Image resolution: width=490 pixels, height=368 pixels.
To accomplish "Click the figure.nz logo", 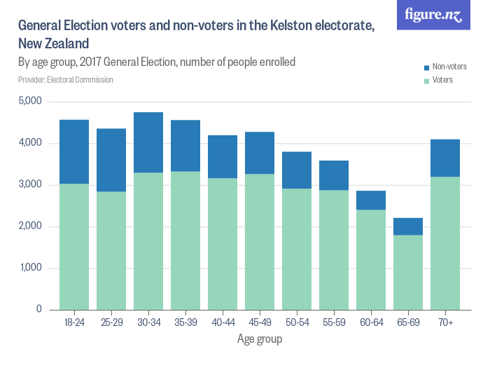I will (433, 15).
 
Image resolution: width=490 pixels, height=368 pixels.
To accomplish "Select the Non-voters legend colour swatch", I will (426, 67).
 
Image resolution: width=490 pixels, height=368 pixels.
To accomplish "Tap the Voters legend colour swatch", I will (426, 80).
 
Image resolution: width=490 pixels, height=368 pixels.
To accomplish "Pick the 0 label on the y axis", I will (38, 310).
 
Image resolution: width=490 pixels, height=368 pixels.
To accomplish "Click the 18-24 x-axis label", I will (73, 322).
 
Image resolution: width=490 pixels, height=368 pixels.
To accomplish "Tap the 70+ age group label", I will (445, 322).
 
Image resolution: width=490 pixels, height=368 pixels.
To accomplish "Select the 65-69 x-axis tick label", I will (408, 322).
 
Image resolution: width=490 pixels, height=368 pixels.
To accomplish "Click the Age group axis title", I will (260, 340).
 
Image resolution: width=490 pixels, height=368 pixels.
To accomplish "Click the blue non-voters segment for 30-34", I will (148, 142).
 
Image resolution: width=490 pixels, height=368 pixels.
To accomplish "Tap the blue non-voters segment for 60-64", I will (371, 200).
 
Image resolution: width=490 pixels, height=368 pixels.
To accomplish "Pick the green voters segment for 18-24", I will (73, 247).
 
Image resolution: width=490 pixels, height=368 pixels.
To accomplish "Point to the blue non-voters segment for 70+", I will (445, 158).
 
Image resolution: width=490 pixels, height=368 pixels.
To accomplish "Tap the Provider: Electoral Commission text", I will (66, 80).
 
